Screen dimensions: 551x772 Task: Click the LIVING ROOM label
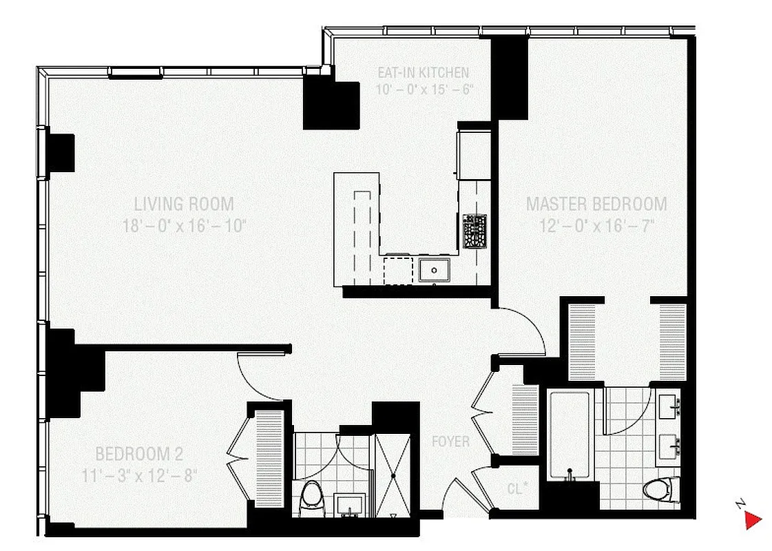coord(184,204)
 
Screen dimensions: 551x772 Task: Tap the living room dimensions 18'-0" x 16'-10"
coord(184,225)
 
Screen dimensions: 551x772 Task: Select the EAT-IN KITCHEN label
coord(423,72)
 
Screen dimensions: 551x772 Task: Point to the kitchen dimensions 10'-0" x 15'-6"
coord(423,89)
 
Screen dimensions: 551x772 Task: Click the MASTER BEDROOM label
coord(596,204)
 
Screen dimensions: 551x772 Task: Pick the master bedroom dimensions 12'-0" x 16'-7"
coord(596,225)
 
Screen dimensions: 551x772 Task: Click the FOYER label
coord(450,441)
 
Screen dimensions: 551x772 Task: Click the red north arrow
coord(753,520)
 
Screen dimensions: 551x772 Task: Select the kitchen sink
coord(434,270)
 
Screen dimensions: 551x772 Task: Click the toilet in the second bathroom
coord(312,495)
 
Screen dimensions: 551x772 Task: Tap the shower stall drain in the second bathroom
coord(393,475)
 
